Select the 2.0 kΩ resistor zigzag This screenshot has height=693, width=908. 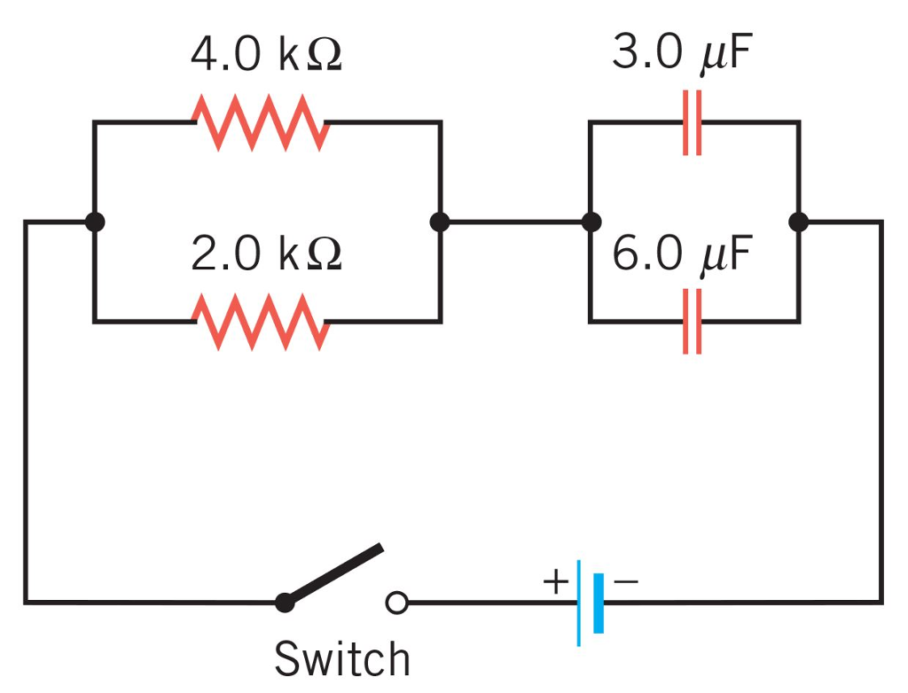(262, 322)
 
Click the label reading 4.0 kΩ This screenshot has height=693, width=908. (266, 55)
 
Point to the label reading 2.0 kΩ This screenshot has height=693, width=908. (266, 254)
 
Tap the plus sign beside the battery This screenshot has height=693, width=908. (555, 582)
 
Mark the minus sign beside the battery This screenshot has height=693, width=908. (625, 582)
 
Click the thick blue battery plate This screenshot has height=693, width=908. (599, 603)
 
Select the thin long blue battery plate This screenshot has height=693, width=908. (579, 603)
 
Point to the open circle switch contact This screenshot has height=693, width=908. (396, 603)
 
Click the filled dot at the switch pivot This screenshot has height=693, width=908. (285, 603)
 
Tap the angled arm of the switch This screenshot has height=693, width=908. (335, 574)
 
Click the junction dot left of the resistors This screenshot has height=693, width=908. (94, 222)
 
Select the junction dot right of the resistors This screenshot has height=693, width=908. (439, 222)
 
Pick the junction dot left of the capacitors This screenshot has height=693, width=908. (590, 222)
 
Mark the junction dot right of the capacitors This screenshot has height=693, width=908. (798, 222)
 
